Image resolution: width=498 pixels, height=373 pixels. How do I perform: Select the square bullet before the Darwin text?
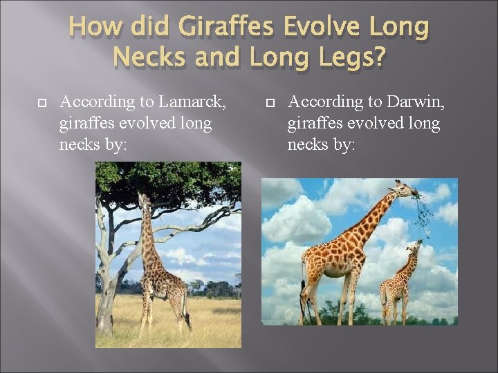[x=270, y=103]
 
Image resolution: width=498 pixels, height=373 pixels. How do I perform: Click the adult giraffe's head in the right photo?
[x=405, y=188]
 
